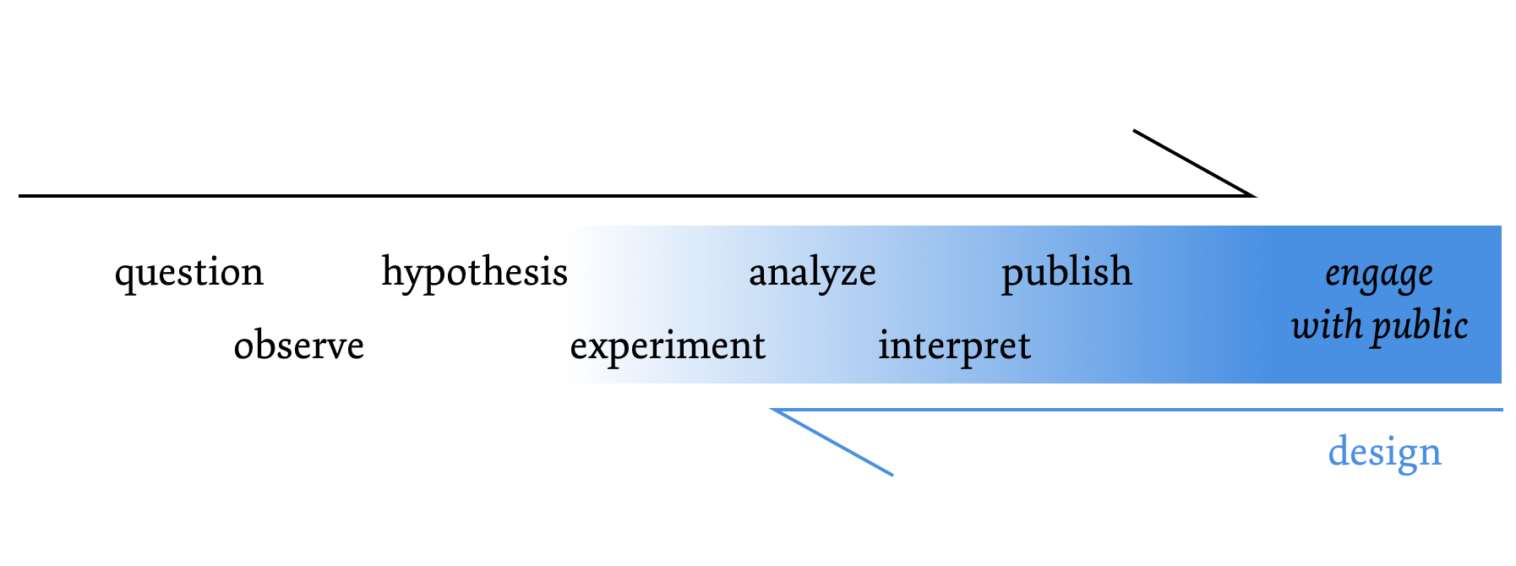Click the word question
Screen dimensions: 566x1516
point(189,273)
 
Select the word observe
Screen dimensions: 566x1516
point(298,346)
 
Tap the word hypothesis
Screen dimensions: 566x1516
point(474,273)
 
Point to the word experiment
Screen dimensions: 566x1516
point(668,346)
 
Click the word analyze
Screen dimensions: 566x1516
point(812,273)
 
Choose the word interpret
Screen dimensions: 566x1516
point(954,346)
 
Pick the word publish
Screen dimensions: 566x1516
point(1066,272)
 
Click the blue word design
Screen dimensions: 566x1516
point(1384,453)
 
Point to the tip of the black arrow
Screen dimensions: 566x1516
point(1254,195)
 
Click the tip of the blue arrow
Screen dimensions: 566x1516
point(773,410)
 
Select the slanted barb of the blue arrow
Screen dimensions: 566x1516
point(833,443)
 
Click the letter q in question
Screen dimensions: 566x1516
point(124,276)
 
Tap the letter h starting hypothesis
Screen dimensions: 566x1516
point(390,271)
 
